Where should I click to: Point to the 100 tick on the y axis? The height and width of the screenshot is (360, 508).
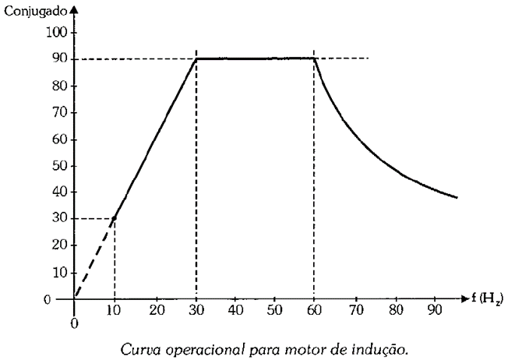(58, 32)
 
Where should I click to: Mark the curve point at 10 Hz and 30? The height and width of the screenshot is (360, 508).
(115, 219)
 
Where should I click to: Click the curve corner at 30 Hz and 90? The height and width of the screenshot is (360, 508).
(196, 58)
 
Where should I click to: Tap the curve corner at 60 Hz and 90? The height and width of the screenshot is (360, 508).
(314, 58)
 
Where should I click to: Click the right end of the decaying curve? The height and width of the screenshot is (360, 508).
(457, 197)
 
